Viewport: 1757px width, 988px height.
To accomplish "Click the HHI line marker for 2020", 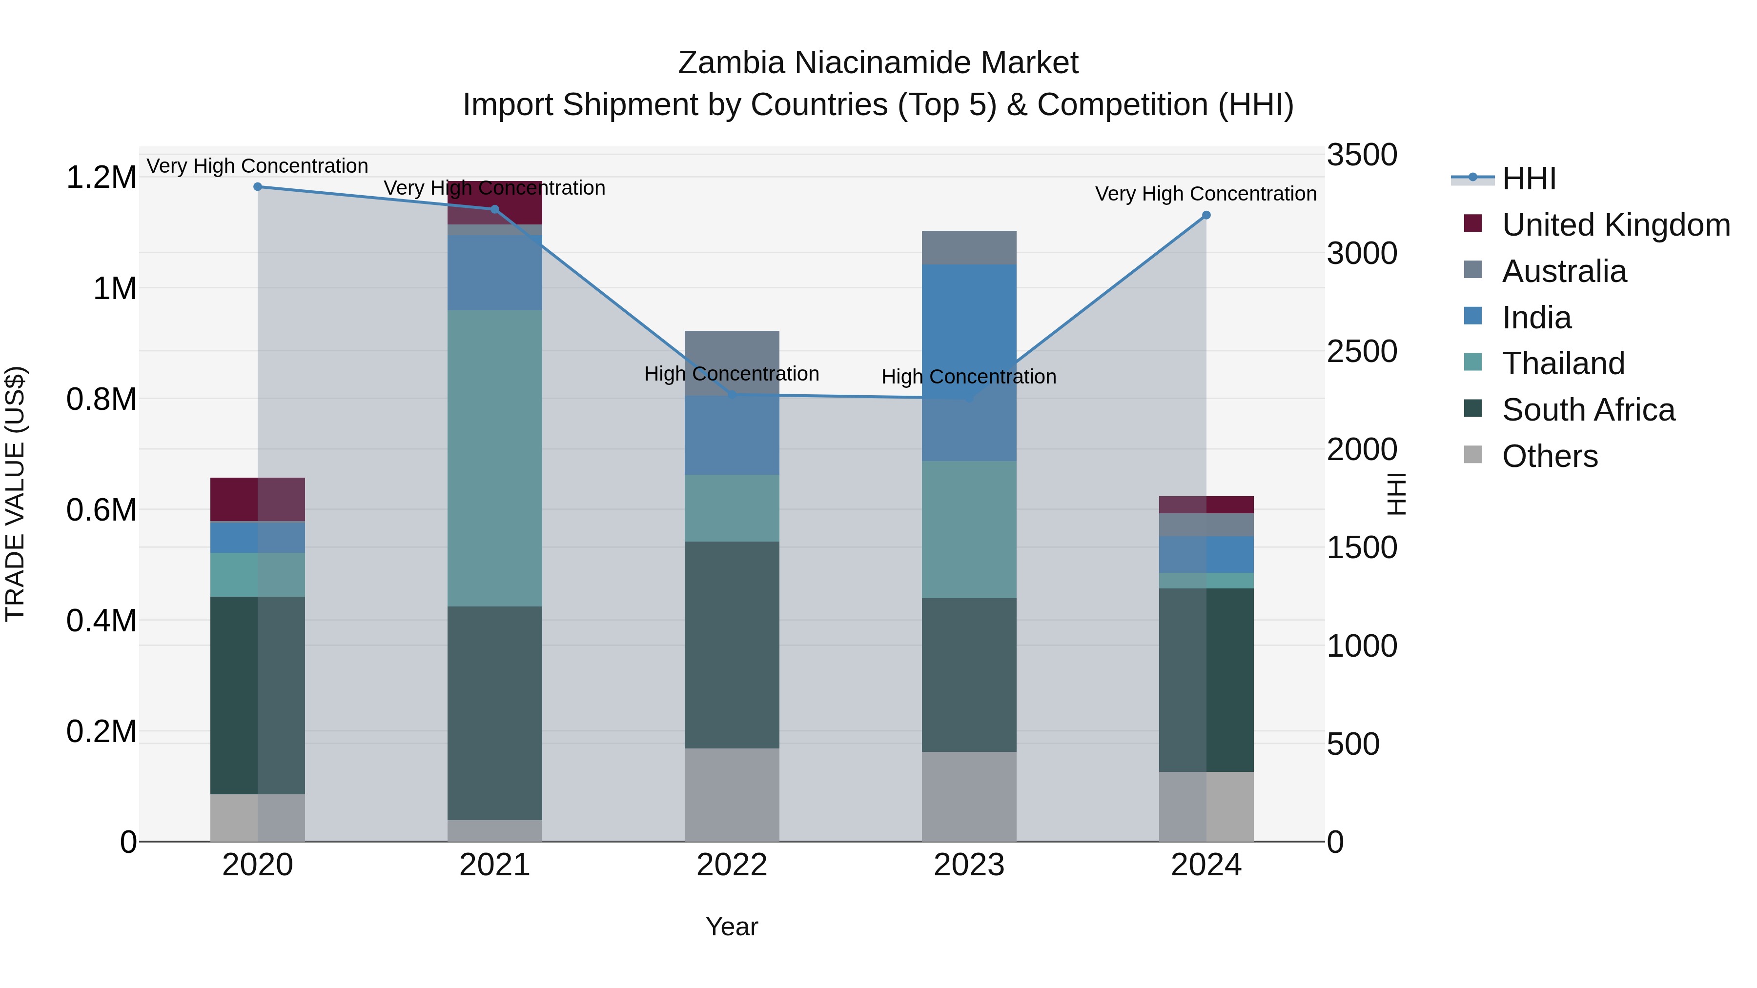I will click(x=258, y=187).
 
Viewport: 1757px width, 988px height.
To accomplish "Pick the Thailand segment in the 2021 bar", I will click(x=494, y=458).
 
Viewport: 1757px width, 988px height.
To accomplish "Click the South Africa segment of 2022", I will click(x=732, y=645).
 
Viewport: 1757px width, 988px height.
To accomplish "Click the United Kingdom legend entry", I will click(x=1615, y=225).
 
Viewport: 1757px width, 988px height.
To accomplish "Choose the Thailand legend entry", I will click(x=1563, y=363).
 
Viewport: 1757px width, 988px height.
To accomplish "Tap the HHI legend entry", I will click(x=1529, y=179).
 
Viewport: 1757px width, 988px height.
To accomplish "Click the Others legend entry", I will click(x=1549, y=456).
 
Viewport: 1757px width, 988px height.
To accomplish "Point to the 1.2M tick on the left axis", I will click(x=101, y=177).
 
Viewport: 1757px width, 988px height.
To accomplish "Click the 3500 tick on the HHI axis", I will click(x=1361, y=155).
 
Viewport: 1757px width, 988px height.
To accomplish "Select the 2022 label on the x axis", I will click(x=732, y=865).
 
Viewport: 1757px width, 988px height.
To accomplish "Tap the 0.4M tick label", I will click(x=101, y=621).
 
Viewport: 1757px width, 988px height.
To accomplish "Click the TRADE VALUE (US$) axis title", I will click(x=15, y=494).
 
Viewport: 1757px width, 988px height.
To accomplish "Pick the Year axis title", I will click(x=732, y=927).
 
